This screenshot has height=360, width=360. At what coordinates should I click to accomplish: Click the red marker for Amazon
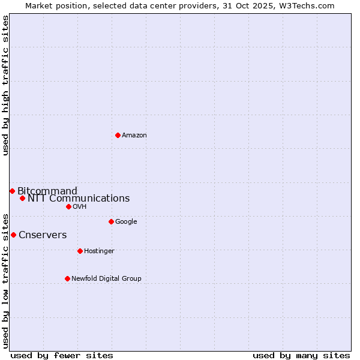tap(118, 135)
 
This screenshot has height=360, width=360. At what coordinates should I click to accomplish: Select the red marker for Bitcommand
tap(12, 191)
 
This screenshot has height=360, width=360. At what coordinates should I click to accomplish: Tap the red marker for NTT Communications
tap(22, 198)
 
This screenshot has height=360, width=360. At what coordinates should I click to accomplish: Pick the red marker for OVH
tap(68, 206)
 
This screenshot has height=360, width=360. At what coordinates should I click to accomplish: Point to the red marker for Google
tap(111, 221)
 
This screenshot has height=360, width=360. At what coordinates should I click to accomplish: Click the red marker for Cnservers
tap(13, 235)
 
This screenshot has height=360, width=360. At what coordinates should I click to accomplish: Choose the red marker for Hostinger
tap(80, 251)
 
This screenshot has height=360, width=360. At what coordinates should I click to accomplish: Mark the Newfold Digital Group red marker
tap(67, 278)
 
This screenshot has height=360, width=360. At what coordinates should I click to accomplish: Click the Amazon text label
tap(134, 136)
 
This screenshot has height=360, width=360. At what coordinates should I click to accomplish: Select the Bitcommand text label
tap(47, 191)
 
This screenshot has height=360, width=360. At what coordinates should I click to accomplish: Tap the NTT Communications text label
tap(79, 199)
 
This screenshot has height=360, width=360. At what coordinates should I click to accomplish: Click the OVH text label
tap(80, 207)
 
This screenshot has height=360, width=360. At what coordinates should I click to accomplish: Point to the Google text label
tap(126, 222)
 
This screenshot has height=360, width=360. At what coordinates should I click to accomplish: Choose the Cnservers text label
tap(43, 235)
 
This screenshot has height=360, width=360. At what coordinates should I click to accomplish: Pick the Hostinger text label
tap(99, 251)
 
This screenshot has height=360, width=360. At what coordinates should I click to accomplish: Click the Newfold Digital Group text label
tap(106, 279)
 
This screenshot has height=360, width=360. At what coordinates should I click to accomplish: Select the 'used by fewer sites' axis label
tap(62, 355)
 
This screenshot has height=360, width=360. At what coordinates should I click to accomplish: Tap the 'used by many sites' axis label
tap(301, 355)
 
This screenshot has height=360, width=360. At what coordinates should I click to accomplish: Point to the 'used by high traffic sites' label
tap(5, 85)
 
